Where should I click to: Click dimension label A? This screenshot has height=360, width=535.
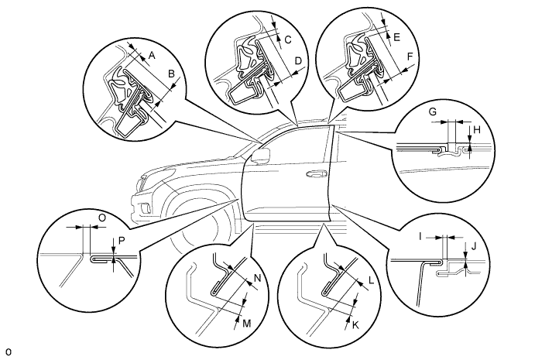(153, 55)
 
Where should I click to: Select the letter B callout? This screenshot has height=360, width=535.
(172, 74)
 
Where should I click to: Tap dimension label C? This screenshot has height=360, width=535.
(288, 40)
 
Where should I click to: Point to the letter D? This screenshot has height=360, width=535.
(298, 61)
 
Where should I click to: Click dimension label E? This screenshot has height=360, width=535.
(396, 37)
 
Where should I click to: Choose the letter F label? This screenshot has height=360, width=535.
(410, 57)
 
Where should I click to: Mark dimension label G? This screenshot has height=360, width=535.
(432, 111)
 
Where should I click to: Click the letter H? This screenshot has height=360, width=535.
(477, 129)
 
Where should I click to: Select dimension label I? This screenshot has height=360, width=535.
(420, 236)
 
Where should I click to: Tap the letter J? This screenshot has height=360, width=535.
(473, 246)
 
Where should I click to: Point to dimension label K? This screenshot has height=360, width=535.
(355, 325)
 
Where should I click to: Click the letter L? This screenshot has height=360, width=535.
(371, 281)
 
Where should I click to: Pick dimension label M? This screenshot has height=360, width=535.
(247, 324)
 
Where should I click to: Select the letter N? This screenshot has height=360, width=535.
(258, 278)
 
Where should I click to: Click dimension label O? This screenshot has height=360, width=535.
(101, 218)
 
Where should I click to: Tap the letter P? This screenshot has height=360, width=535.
(122, 241)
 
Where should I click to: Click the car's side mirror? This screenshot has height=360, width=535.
(260, 156)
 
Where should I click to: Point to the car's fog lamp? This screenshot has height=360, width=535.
(143, 207)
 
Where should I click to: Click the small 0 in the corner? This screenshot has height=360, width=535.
(9, 352)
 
